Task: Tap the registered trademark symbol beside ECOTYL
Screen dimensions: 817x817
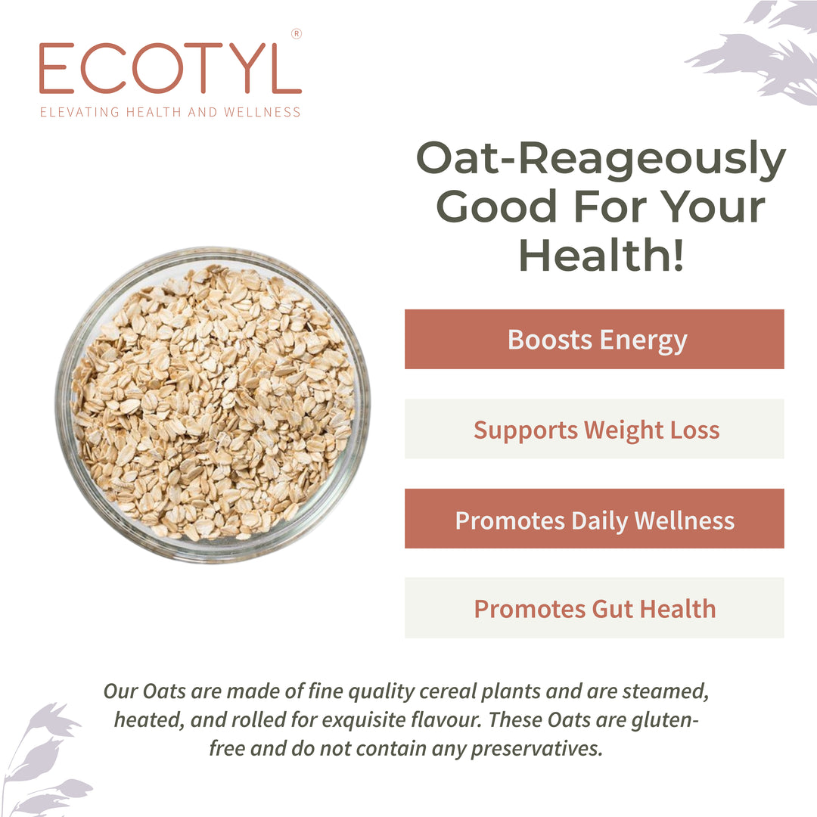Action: point(296,33)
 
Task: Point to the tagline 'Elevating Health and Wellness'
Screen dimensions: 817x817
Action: point(170,112)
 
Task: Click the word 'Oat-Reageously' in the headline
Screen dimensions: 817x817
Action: point(601,160)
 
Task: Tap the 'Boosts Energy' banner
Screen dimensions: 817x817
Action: point(594,339)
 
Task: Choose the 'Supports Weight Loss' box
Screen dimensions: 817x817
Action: point(594,429)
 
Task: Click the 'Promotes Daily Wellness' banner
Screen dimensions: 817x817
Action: point(594,519)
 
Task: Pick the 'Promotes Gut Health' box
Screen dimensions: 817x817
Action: point(594,608)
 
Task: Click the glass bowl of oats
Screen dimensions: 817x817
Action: point(213,404)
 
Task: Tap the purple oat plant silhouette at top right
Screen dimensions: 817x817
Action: point(756,49)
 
